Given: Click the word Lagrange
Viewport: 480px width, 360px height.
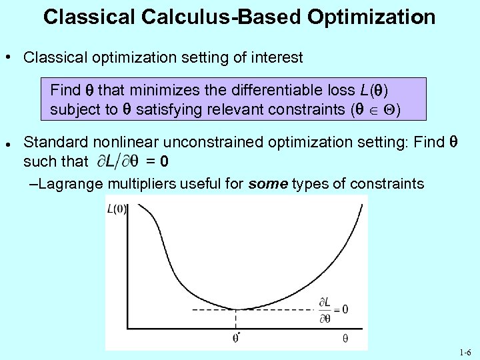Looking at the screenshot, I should click(x=68, y=183).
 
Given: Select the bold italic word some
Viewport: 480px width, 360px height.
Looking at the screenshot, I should click(x=268, y=183).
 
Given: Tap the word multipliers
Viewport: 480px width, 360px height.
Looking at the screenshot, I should click(x=145, y=183).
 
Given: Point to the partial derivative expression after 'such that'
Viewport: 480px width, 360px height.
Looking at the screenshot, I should click(x=119, y=161).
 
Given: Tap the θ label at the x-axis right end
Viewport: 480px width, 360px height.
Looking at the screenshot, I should click(x=345, y=338).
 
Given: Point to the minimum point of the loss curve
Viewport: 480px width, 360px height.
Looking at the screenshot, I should click(x=237, y=309).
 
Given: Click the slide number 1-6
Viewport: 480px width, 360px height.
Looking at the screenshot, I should click(x=465, y=352).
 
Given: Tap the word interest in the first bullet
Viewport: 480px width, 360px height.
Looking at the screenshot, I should click(x=279, y=57).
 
